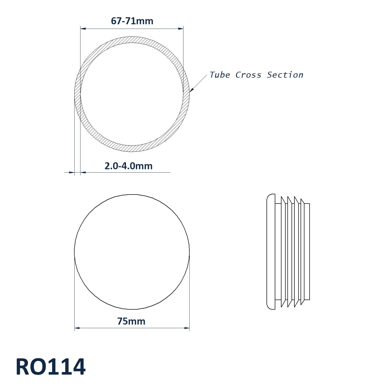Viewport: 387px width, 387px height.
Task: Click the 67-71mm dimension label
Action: tap(132, 21)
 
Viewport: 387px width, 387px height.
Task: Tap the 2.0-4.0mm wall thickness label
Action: tap(128, 166)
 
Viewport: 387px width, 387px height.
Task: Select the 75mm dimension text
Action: tap(131, 321)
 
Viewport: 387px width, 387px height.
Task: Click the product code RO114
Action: tap(51, 367)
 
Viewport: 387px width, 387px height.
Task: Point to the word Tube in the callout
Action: tap(220, 75)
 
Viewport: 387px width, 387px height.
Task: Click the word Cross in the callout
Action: tap(248, 75)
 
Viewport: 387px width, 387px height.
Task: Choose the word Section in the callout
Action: tap(285, 75)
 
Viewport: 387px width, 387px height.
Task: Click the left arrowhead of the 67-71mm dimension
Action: tap(83, 29)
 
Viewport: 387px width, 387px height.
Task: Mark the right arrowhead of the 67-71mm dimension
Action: tap(181, 29)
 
